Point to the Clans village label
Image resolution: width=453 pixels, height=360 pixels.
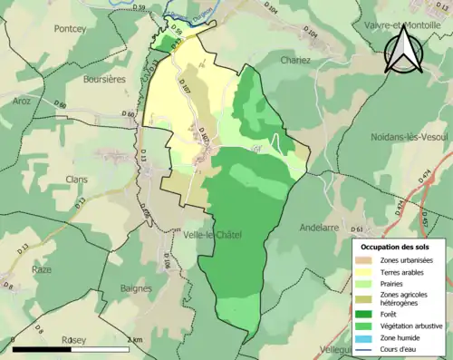(x=77, y=180)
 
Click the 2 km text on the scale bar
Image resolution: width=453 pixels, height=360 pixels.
(x=134, y=339)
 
